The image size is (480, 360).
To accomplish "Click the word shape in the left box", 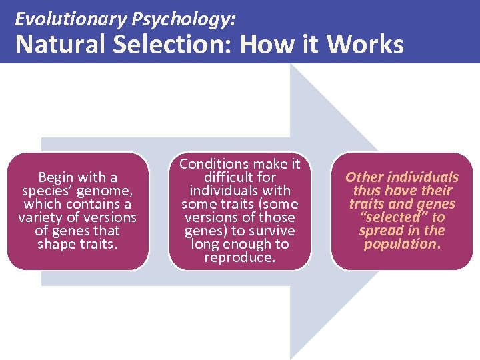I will [56, 244].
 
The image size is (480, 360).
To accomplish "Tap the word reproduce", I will [239, 257].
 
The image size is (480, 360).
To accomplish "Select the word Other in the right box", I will [364, 177].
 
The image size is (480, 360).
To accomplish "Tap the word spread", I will [379, 231].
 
